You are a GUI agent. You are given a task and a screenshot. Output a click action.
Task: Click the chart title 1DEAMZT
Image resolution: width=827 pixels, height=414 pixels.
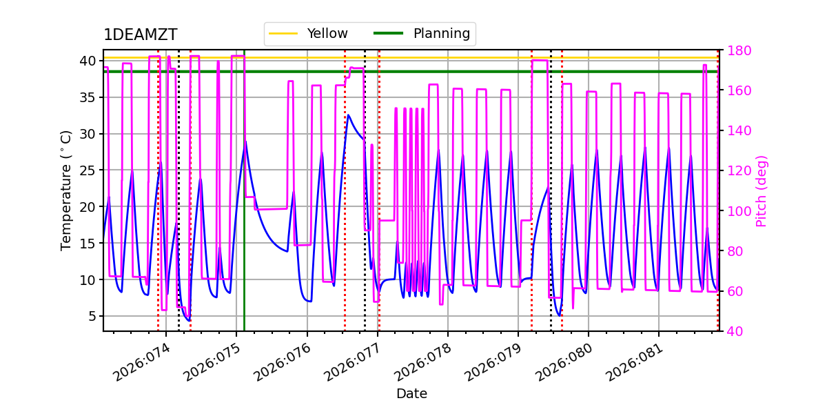140,35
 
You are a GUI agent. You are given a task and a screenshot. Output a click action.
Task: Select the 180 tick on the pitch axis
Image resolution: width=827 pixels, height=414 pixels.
737,50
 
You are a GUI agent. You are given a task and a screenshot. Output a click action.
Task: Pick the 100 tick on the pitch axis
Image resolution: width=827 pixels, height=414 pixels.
737,211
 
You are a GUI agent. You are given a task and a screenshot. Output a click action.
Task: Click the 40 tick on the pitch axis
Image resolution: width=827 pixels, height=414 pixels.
733,331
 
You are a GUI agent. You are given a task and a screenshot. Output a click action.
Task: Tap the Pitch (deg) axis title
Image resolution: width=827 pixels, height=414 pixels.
762,190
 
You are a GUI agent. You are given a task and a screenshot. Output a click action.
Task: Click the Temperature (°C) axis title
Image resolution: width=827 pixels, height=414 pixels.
66,190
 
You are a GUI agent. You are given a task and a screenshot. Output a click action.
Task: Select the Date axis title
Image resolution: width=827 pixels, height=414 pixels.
411,394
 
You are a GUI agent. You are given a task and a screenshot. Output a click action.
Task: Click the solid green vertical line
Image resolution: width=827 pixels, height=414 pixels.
245,276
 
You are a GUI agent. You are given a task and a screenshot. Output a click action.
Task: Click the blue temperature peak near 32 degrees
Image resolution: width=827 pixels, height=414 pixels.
348,115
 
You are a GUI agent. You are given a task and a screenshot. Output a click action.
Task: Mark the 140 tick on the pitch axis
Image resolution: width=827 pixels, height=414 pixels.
737,130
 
